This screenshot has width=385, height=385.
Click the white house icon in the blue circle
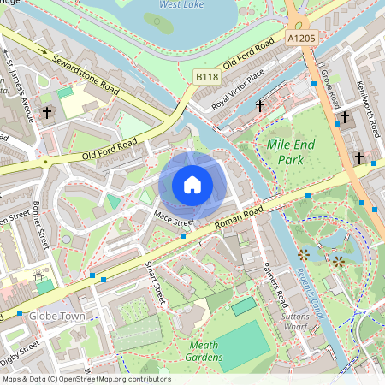192,185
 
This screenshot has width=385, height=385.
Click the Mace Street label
175,220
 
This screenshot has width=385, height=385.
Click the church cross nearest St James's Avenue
47,112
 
